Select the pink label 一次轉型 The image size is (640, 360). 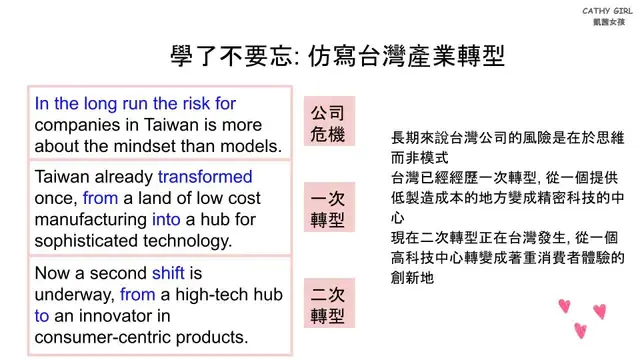point(329,207)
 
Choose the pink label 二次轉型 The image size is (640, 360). point(329,305)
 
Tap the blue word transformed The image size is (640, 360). point(206,177)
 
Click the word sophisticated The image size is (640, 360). point(93,240)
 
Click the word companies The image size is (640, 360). point(76,124)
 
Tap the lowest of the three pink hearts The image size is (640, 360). point(580,330)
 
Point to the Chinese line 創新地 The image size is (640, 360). point(412,278)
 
